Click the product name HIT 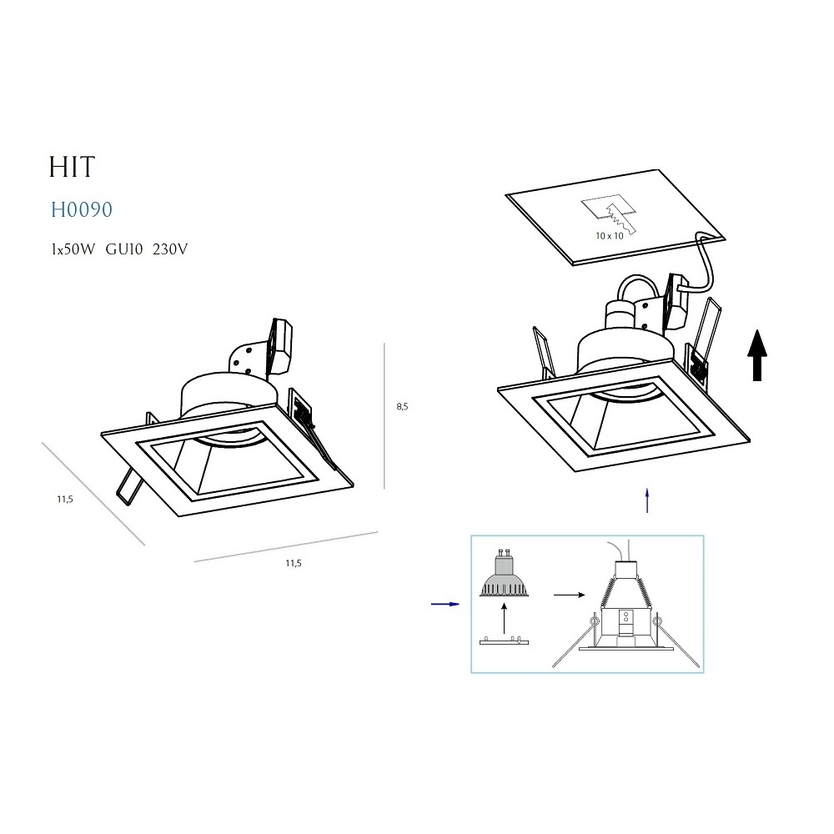click(72, 167)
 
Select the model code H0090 click(82, 209)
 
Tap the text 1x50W click(73, 249)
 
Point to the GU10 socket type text click(124, 249)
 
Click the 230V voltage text click(170, 249)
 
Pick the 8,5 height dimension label click(402, 407)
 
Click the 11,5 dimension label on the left click(65, 499)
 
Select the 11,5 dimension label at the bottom click(294, 563)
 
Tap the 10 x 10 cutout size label click(609, 236)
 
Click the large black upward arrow click(757, 355)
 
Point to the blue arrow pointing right click(445, 604)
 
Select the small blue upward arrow click(647, 500)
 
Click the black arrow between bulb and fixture click(569, 595)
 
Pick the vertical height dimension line click(384, 416)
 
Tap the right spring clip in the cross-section click(677, 641)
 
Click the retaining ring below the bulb click(505, 641)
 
